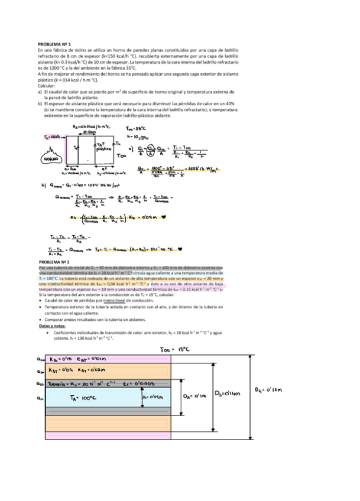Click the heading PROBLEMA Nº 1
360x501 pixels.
[54, 44]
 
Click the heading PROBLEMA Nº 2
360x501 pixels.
[54, 261]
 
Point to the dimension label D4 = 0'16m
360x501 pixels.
[273, 389]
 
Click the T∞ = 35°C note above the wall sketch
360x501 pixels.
[137, 128]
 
